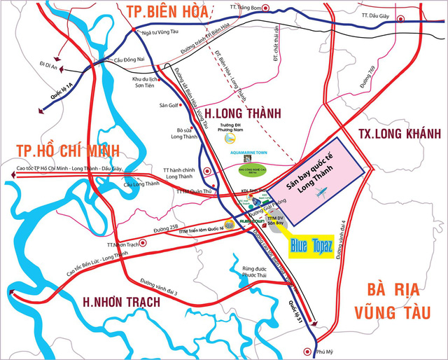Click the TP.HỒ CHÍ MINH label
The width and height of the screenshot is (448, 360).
click(x=60, y=150)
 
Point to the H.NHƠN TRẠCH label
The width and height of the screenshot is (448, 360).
click(x=121, y=302)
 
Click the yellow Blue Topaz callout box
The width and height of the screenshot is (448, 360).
click(x=309, y=247)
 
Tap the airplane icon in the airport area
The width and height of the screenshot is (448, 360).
click(x=321, y=192)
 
